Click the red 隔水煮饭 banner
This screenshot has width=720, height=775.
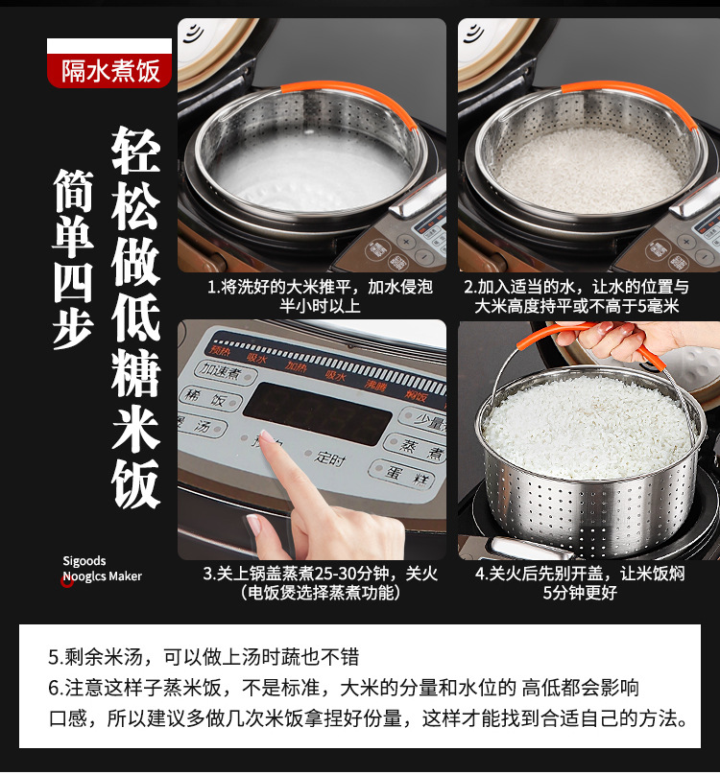(109, 70)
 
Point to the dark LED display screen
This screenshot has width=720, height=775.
(316, 412)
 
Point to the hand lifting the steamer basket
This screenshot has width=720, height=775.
(614, 340)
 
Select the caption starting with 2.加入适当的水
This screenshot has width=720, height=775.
(588, 295)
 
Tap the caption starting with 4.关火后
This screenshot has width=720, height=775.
(587, 583)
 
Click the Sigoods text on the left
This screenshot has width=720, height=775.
(84, 561)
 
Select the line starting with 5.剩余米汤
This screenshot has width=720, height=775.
(204, 657)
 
